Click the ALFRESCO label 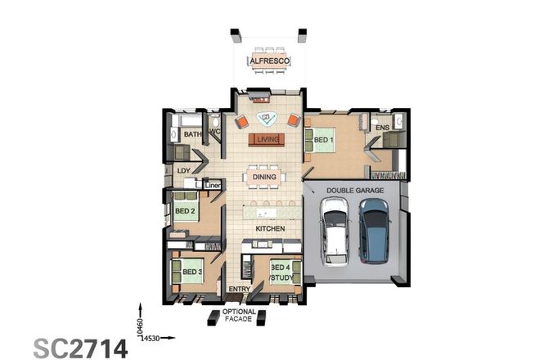coord(268,61)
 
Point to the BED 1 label coord(324,140)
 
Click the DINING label coord(264,177)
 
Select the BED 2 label coord(185,211)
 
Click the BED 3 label coord(191,272)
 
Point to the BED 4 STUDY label coord(281,272)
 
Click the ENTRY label coord(239,290)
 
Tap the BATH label coord(192,134)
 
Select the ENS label coord(382,128)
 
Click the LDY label coord(184,170)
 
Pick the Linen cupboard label coord(213,186)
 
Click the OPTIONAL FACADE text coord(239,317)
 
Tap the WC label coord(215,132)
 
